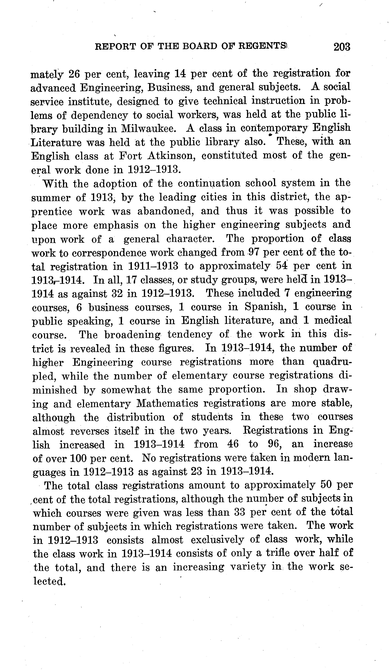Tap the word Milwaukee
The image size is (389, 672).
[x=149, y=129]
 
